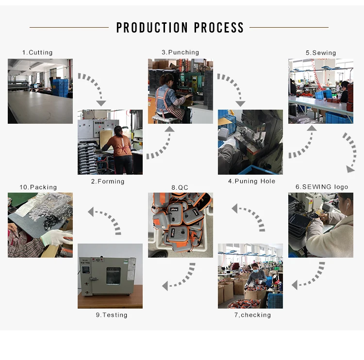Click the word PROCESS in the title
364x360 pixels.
click(219, 28)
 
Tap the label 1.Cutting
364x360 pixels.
click(37, 52)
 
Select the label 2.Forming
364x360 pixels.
click(108, 181)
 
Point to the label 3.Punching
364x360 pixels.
click(181, 52)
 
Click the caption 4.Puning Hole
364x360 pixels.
click(251, 181)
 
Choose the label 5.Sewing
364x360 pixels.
click(321, 52)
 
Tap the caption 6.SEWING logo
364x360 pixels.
click(322, 187)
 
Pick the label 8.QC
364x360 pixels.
click(180, 187)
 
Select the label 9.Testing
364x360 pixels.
click(112, 315)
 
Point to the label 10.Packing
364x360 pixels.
click(38, 187)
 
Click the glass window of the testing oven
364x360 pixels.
click(113, 276)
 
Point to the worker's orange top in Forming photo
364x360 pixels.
click(116, 143)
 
